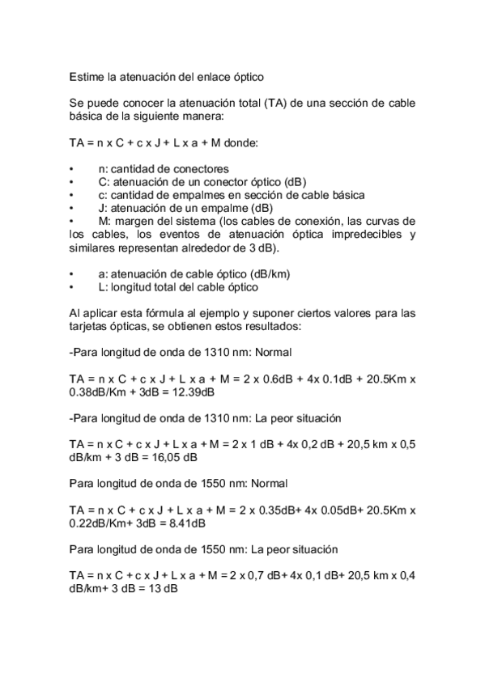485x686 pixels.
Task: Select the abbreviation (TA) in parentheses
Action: tap(271, 104)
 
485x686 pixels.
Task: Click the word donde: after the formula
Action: tap(240, 142)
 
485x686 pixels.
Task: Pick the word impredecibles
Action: tap(365, 235)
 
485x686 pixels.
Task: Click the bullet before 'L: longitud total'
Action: tap(72, 287)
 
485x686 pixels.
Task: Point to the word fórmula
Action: tap(148, 313)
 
